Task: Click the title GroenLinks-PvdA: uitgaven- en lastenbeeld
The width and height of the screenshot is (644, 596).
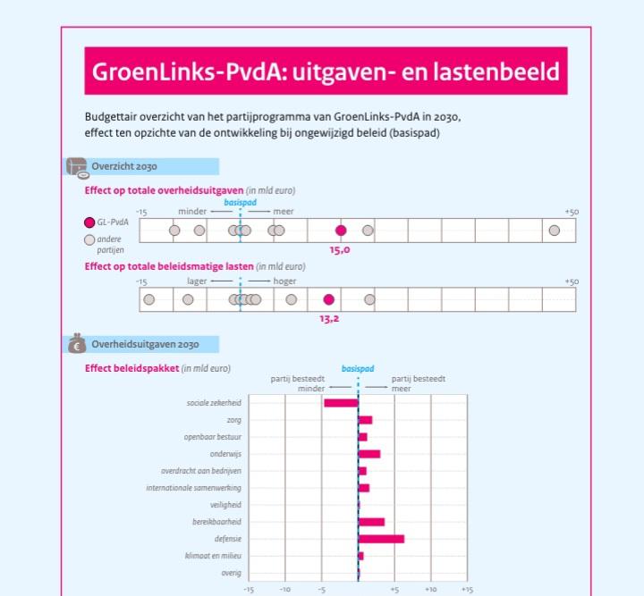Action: [326, 71]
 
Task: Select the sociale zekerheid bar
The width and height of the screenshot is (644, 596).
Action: [341, 403]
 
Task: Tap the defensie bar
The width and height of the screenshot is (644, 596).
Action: [381, 539]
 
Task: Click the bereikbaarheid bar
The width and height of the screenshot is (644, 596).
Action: [371, 522]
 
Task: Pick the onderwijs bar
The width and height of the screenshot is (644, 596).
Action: [369, 454]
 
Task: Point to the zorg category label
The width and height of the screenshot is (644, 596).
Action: [233, 420]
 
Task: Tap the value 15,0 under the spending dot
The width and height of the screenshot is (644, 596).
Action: [340, 250]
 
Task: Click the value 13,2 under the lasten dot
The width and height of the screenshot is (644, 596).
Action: [329, 318]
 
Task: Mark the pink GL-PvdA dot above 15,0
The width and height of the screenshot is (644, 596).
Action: [341, 231]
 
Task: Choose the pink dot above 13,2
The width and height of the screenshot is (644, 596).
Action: [329, 299]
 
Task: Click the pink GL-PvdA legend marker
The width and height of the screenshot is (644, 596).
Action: [89, 222]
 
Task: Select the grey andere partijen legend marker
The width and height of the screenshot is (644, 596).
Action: [89, 239]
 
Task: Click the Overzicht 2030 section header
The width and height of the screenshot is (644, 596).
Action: [123, 166]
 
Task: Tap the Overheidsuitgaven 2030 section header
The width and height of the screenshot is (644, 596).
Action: [145, 345]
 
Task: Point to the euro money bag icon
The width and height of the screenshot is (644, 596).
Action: [76, 345]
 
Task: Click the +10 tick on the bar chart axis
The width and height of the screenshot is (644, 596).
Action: [430, 589]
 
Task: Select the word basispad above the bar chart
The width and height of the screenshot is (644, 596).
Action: [358, 369]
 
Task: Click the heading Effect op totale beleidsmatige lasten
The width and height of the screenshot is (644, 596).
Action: [169, 266]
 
